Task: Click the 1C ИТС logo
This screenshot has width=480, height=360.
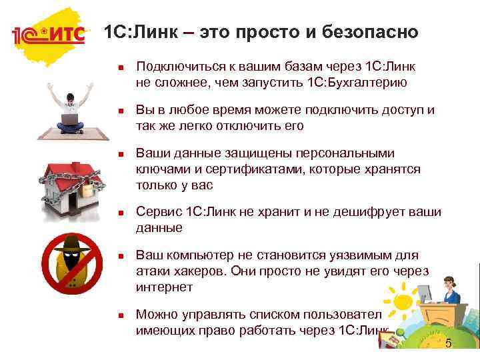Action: click(x=49, y=35)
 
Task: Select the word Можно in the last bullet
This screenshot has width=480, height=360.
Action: click(x=155, y=315)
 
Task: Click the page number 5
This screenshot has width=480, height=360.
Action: click(x=448, y=344)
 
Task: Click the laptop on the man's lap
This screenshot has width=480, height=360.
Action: click(x=69, y=121)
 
